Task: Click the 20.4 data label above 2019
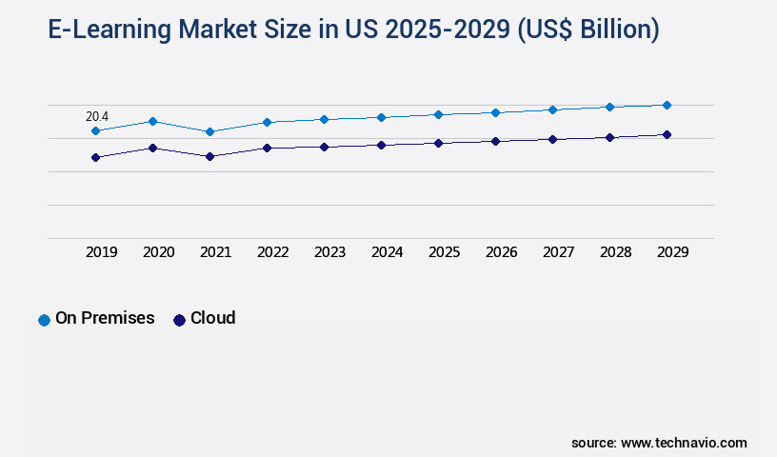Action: click(97, 116)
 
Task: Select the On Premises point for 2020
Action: click(152, 121)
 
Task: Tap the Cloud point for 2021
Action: click(209, 156)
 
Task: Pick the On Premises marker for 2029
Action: click(667, 105)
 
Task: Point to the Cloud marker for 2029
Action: click(667, 135)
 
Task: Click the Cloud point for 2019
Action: click(95, 157)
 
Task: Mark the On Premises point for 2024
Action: click(381, 117)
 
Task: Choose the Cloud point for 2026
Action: click(495, 141)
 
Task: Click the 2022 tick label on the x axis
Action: click(273, 252)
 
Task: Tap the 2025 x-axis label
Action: click(445, 252)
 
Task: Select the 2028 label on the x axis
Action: click(616, 252)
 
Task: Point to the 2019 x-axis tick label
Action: click(102, 252)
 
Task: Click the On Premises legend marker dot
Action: click(44, 320)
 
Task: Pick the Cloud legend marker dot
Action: click(179, 320)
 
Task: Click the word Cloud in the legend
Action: click(213, 318)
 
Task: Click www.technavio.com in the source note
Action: click(684, 443)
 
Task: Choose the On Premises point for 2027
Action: click(552, 109)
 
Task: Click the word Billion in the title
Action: click(609, 30)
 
